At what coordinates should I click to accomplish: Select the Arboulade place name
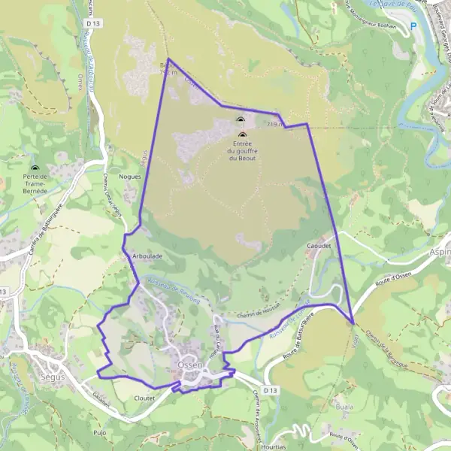(x=147, y=256)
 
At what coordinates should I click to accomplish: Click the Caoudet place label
(x=319, y=245)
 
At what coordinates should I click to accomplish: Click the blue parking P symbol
(x=413, y=26)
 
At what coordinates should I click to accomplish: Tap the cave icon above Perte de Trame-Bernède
(x=35, y=168)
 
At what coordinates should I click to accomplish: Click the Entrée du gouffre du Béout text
(x=242, y=150)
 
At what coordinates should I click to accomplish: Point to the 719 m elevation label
(x=274, y=124)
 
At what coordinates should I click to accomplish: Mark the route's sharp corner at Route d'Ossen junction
(x=353, y=323)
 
